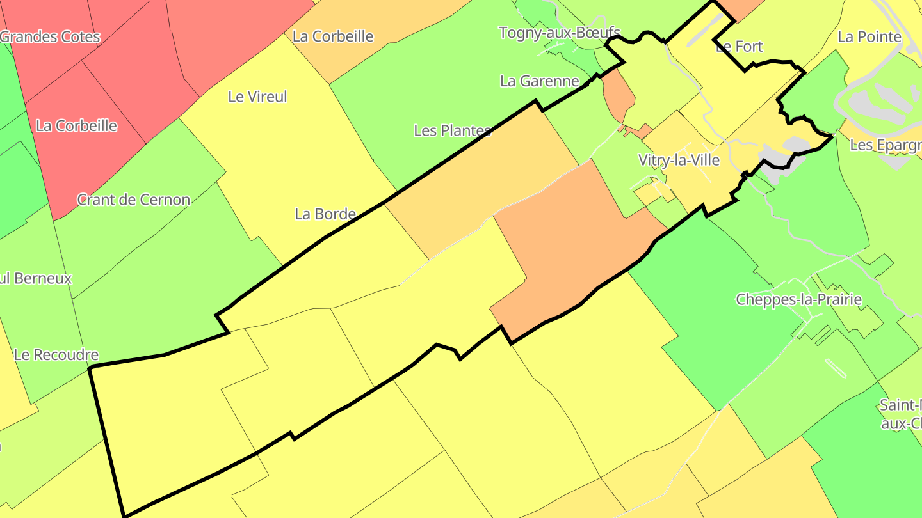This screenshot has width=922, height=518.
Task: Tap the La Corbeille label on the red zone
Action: (x=77, y=125)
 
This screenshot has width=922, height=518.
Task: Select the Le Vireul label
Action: (x=257, y=97)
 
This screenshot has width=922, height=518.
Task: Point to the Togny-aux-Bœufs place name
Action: (x=560, y=32)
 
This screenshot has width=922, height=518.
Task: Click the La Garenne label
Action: (x=539, y=81)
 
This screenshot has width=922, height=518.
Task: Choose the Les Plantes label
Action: (x=452, y=130)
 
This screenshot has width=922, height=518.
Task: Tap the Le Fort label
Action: (x=740, y=46)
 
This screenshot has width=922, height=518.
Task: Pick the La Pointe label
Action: (x=869, y=36)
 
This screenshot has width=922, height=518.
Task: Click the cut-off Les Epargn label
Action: (x=886, y=145)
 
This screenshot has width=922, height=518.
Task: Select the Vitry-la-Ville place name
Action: (x=679, y=160)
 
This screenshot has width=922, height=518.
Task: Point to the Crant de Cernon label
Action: (x=133, y=200)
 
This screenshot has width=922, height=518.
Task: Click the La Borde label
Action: (x=325, y=214)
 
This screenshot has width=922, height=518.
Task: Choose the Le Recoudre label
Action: (x=56, y=354)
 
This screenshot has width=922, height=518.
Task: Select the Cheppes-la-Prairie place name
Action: (x=798, y=299)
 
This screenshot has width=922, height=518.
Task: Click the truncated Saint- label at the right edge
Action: (x=900, y=413)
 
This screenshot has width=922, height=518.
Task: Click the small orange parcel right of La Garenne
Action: (x=618, y=96)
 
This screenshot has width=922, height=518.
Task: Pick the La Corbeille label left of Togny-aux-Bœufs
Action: (x=333, y=36)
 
